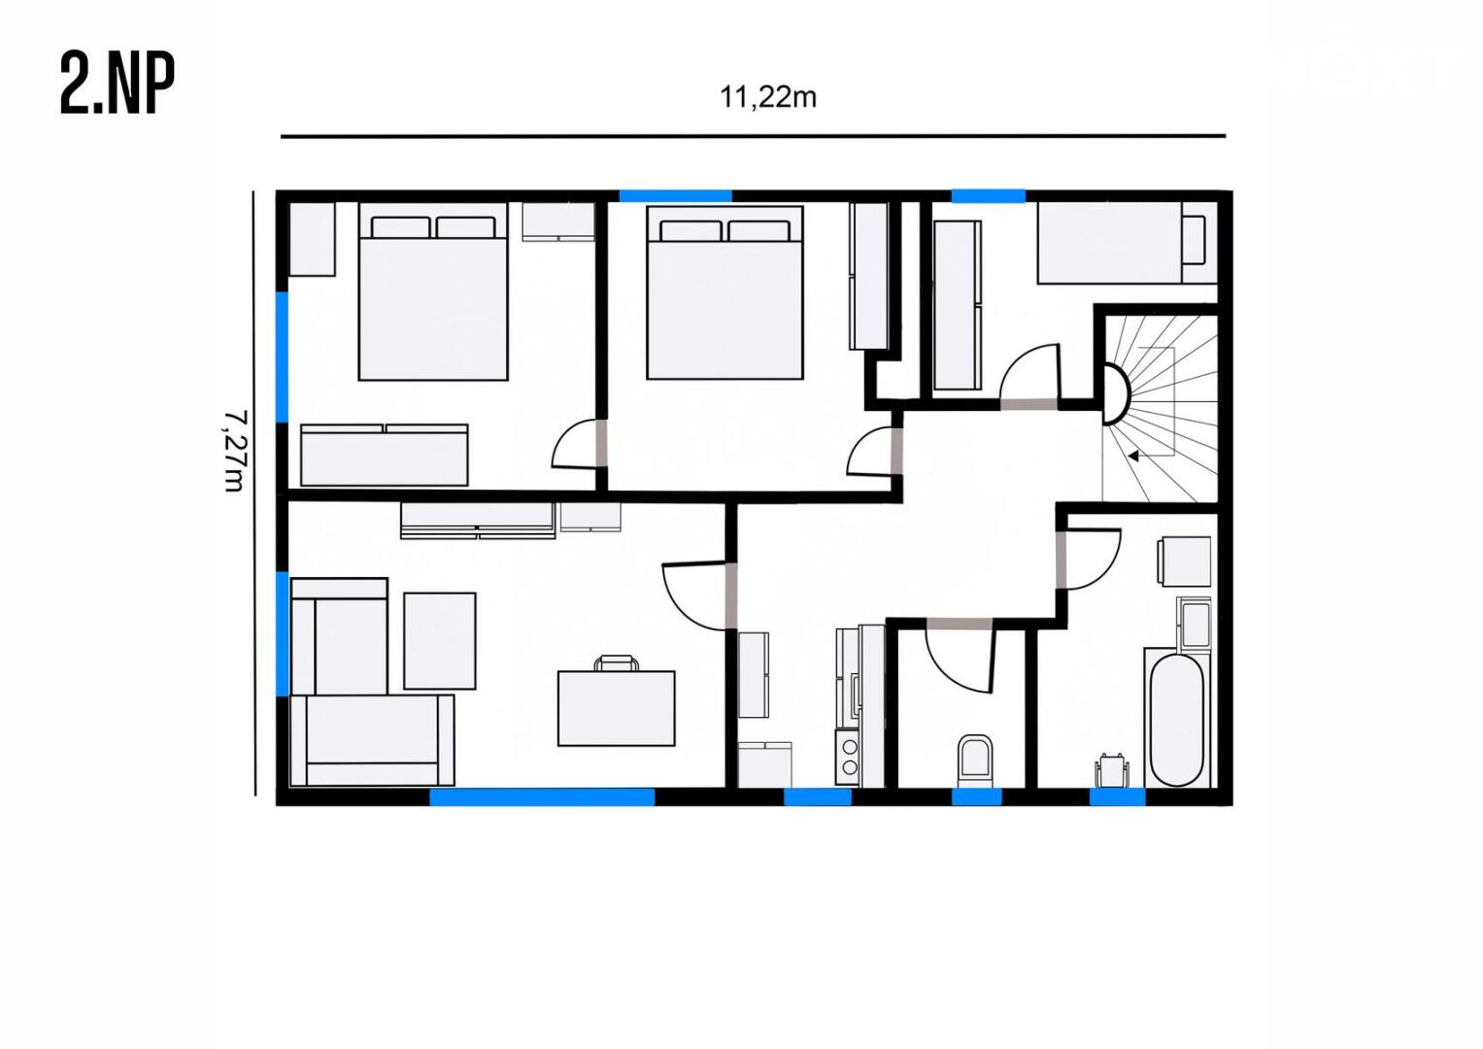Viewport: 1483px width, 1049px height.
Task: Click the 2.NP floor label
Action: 118,85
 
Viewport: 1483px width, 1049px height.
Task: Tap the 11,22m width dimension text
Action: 768,98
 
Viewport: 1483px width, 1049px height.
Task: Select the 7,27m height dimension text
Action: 234,451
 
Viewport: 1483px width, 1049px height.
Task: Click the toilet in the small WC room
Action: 975,761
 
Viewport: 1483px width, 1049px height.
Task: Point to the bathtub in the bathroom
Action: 1176,721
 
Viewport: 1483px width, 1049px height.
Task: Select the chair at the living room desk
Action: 617,662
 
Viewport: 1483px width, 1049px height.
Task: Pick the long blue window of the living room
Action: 542,796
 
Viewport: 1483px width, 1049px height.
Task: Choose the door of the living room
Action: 695,596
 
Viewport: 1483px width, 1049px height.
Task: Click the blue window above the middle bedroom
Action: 675,196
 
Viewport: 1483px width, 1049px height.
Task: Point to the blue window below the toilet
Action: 977,797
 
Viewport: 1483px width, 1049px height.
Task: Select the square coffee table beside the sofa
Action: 440,641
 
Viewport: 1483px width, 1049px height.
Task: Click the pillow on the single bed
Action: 1195,240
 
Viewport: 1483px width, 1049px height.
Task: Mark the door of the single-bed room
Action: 1029,376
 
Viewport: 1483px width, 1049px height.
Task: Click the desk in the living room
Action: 617,709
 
